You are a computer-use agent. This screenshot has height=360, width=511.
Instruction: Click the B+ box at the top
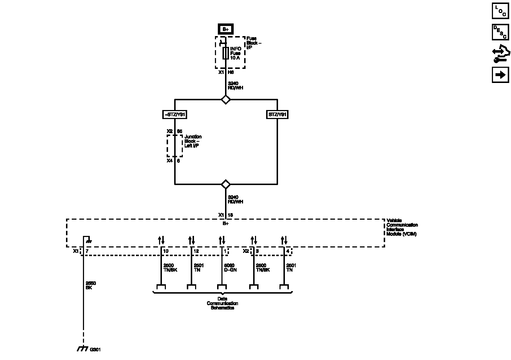(x=225, y=29)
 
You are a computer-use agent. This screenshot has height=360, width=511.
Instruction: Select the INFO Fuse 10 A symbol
(x=225, y=53)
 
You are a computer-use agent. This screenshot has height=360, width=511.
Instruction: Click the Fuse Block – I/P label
(x=254, y=43)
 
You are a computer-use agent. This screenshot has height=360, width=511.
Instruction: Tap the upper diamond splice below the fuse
(x=225, y=99)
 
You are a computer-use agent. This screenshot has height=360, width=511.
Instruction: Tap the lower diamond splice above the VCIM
(x=225, y=184)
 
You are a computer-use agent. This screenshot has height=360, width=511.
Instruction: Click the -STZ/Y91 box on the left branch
(x=175, y=115)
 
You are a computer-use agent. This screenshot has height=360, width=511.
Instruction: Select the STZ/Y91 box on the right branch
(x=277, y=115)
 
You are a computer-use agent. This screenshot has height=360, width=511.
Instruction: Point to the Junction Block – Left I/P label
(x=193, y=141)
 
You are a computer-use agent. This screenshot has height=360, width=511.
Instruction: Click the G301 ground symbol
(x=83, y=349)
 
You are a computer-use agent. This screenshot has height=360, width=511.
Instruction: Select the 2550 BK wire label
(x=91, y=285)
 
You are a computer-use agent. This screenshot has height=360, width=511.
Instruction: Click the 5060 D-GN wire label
(x=230, y=268)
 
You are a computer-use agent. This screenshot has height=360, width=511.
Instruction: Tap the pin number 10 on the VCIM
(x=166, y=251)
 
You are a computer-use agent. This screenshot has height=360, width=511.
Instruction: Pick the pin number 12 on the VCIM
(x=196, y=251)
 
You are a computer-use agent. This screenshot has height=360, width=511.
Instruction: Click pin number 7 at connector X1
(x=87, y=251)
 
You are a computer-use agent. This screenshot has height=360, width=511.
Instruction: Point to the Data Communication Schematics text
(x=222, y=303)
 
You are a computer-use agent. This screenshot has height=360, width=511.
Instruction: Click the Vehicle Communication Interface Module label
(x=402, y=227)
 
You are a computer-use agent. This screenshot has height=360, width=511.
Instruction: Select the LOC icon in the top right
(x=500, y=11)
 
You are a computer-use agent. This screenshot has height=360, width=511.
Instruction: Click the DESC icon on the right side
(x=500, y=32)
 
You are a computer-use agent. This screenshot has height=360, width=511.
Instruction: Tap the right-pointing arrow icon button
(x=500, y=75)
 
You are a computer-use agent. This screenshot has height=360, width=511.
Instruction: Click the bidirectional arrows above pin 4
(x=284, y=240)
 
